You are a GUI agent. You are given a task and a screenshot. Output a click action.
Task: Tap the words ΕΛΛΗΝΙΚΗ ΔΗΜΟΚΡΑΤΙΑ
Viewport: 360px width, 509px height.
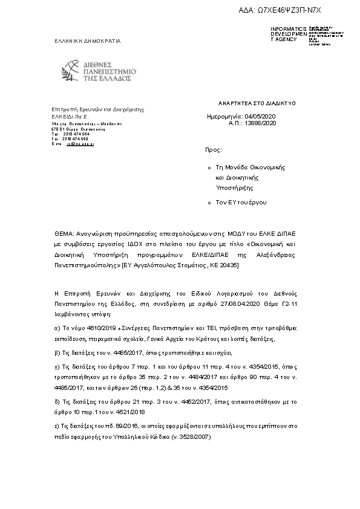click(x=87, y=41)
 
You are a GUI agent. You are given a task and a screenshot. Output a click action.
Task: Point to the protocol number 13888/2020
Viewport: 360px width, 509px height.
click(x=261, y=122)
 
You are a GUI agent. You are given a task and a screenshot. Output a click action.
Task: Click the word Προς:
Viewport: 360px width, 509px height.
click(x=214, y=148)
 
